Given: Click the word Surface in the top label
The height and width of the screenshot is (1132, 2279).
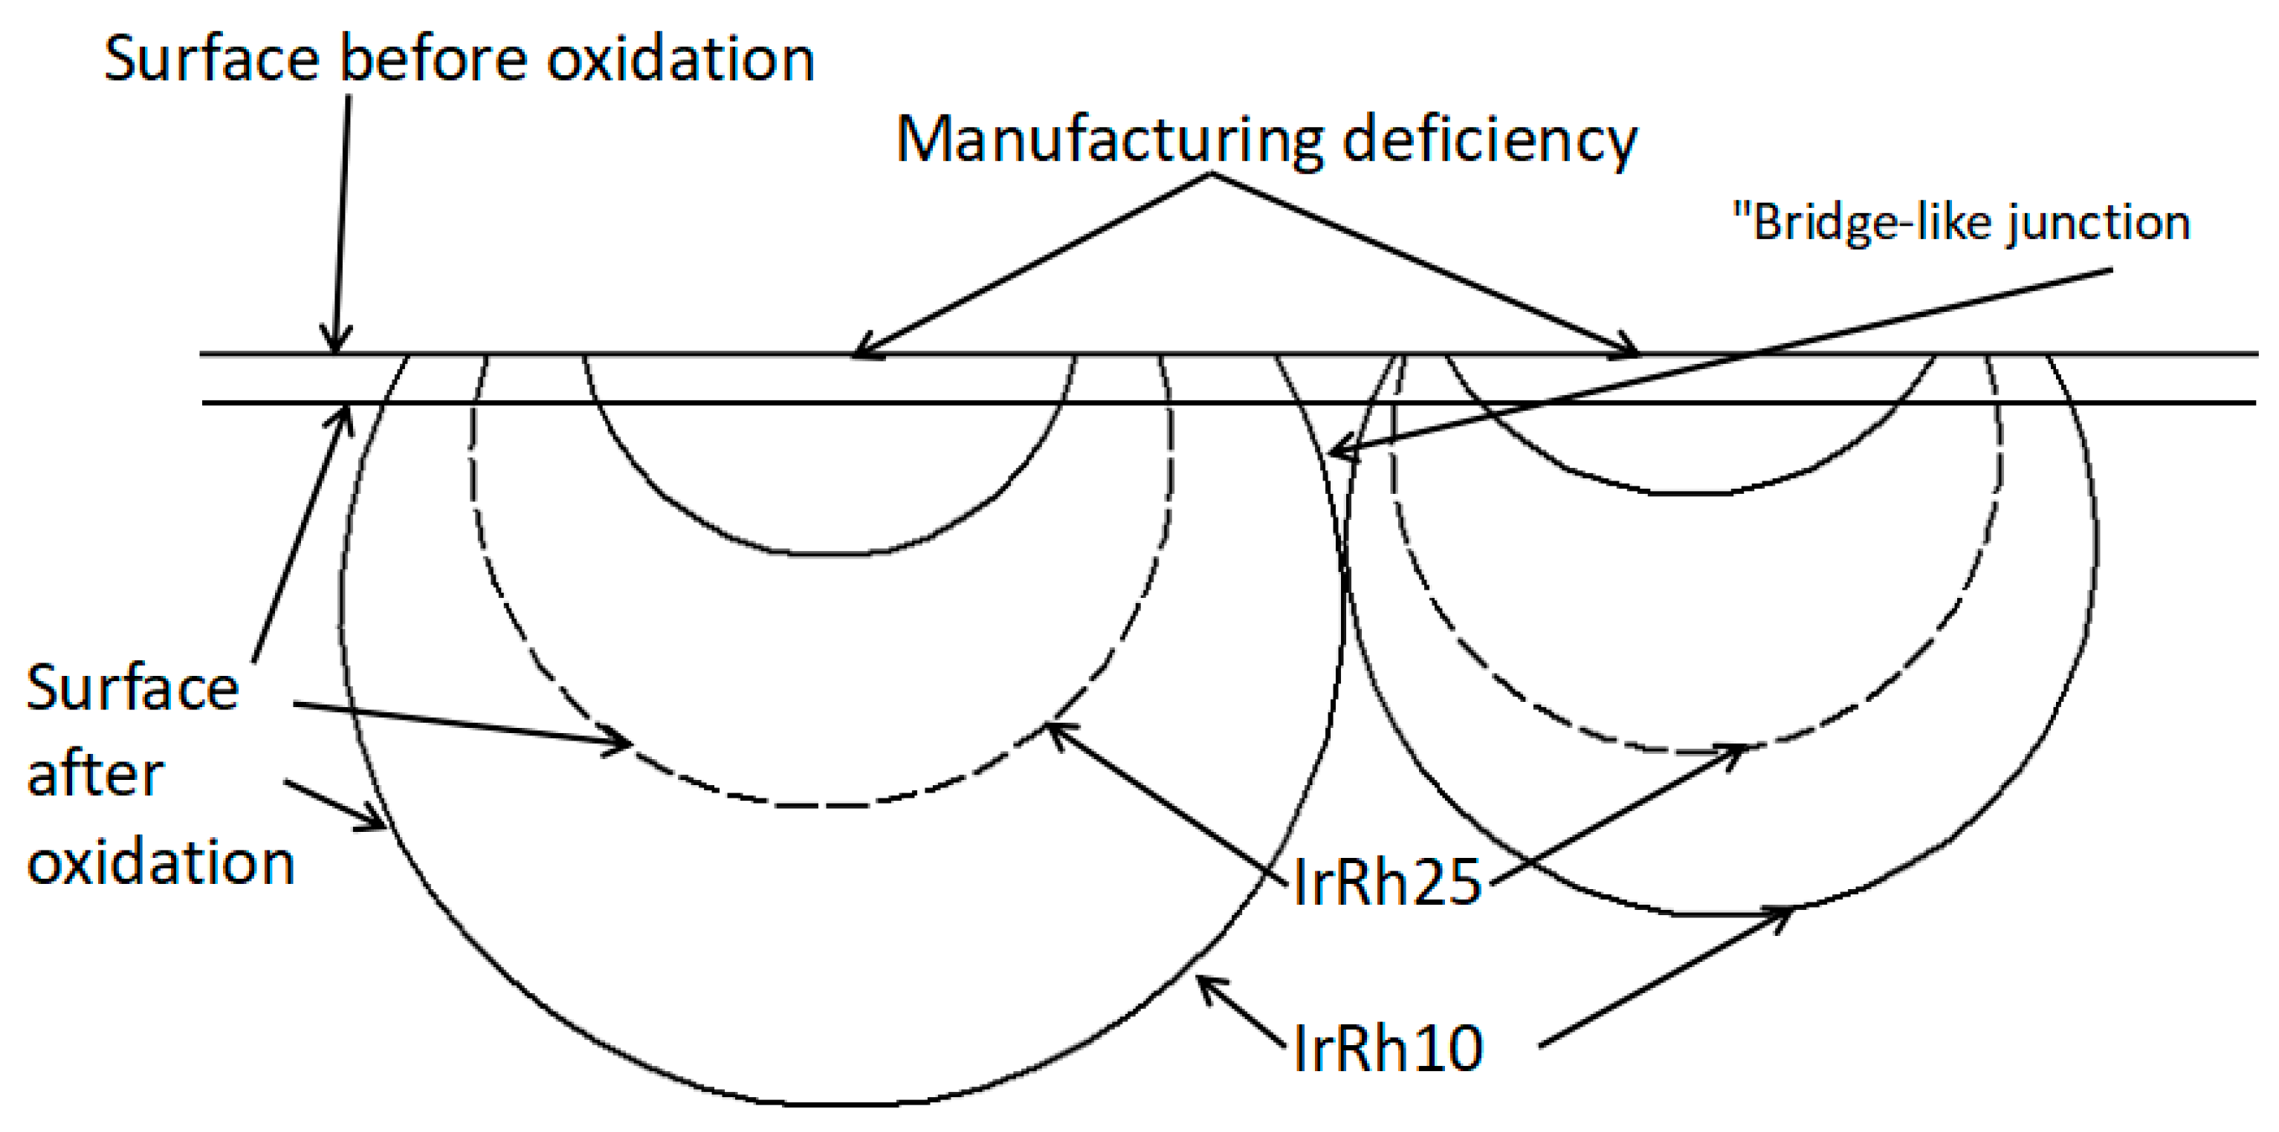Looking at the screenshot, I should (x=211, y=60).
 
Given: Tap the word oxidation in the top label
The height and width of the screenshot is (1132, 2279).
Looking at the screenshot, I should (x=680, y=60).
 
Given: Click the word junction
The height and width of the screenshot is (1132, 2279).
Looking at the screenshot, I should (x=2097, y=224).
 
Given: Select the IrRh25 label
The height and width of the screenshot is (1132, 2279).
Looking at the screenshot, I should (x=1386, y=882).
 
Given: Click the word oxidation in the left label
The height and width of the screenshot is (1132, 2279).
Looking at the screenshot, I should (x=160, y=862).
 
